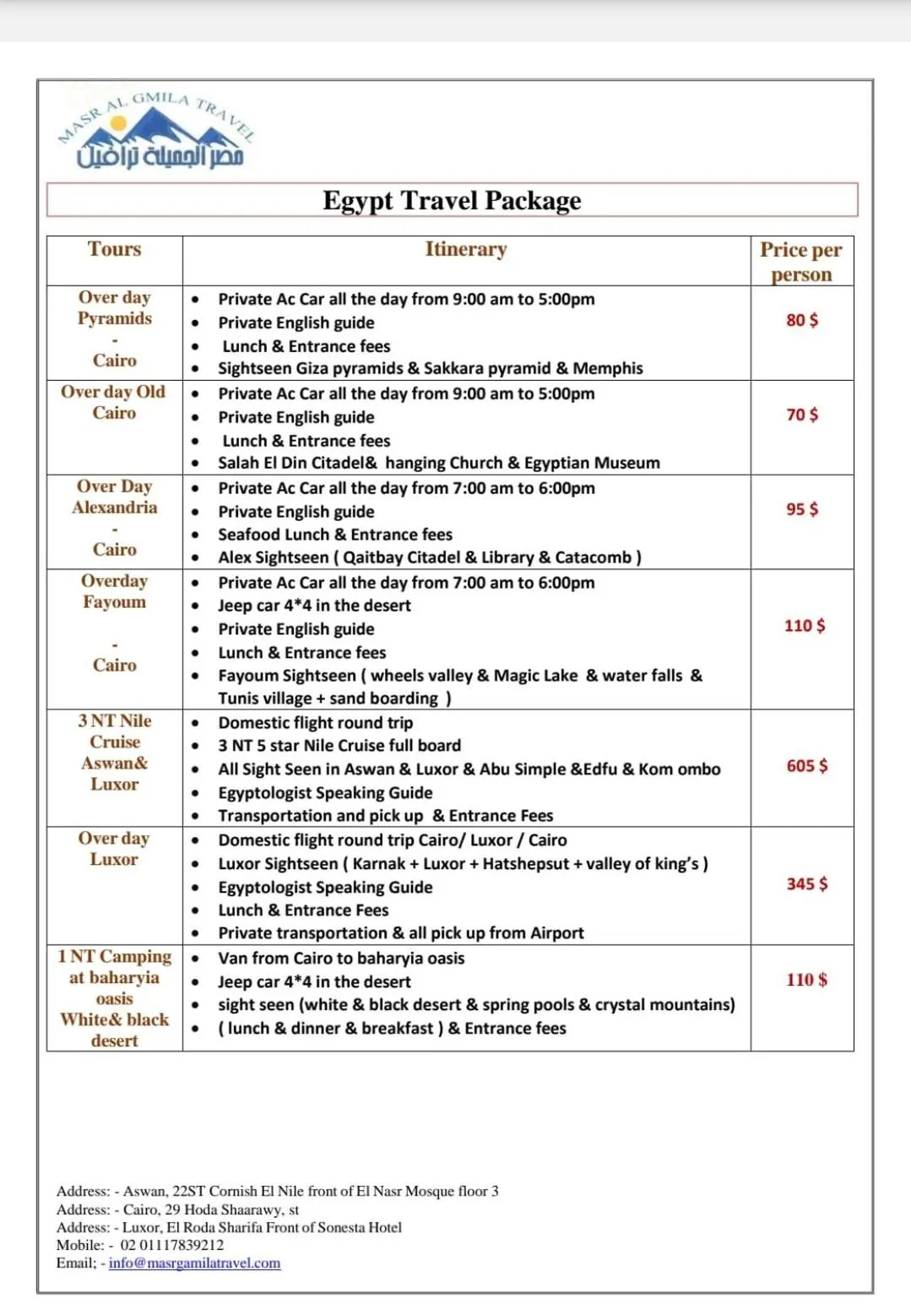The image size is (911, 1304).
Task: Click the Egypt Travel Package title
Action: (452, 201)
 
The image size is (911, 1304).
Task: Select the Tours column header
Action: (115, 249)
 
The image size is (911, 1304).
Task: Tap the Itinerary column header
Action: (466, 249)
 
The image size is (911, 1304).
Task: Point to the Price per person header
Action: (800, 262)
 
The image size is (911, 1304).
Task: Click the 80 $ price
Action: (802, 320)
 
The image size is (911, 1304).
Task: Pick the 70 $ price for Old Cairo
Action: (802, 415)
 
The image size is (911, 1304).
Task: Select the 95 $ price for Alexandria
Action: (802, 509)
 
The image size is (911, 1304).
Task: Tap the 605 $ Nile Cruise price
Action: (807, 766)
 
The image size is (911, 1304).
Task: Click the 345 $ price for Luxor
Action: (807, 884)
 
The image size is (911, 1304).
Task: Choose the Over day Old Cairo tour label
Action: (114, 402)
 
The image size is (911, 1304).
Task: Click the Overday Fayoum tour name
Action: (114, 591)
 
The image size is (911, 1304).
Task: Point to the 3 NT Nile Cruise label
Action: (115, 752)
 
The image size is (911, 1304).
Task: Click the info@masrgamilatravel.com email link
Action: (194, 1263)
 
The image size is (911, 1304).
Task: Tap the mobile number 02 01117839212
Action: (172, 1245)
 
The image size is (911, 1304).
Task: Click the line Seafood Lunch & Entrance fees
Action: (335, 535)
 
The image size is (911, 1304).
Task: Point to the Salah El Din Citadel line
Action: (439, 463)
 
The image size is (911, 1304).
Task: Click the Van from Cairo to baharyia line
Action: (341, 959)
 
